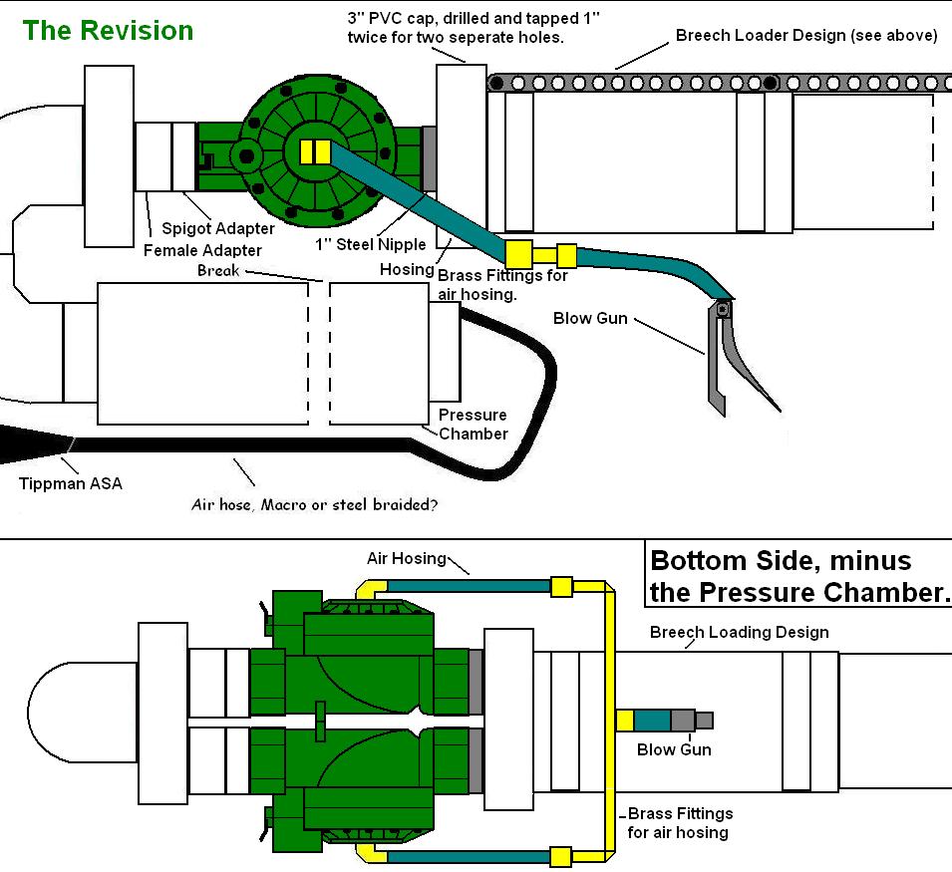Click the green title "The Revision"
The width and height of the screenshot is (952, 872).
tap(108, 30)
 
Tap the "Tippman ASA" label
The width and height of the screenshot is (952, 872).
tap(70, 484)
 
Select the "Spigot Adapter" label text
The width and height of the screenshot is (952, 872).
tap(218, 229)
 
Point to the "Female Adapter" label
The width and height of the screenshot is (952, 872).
tap(203, 250)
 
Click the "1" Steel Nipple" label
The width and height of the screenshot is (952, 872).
tap(357, 244)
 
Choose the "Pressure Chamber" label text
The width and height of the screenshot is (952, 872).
tap(473, 424)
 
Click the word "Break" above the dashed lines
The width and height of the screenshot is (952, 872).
tap(218, 270)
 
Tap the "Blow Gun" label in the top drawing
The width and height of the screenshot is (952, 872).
tap(590, 319)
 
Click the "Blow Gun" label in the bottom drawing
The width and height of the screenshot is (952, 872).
tap(674, 749)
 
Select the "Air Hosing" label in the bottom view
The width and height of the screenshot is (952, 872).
tap(407, 558)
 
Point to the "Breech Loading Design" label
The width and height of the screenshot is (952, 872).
tap(739, 632)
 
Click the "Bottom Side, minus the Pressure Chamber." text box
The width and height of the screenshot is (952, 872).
tap(798, 576)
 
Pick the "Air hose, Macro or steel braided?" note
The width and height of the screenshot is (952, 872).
tap(314, 505)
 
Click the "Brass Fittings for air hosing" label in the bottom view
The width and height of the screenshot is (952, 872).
tap(680, 823)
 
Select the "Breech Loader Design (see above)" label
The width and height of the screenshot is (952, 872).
tap(805, 35)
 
